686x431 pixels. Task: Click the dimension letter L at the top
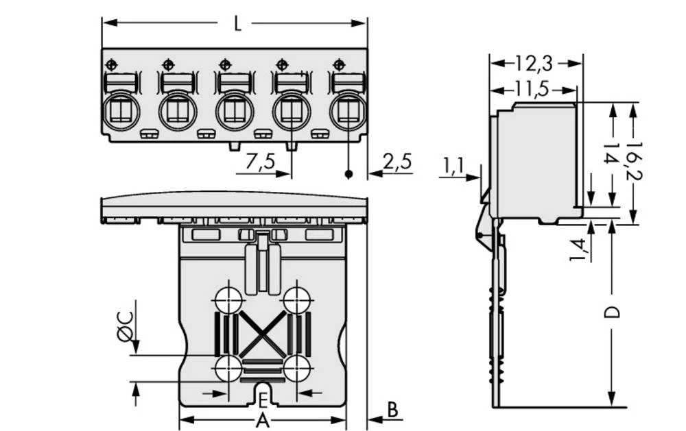pyautogui.click(x=237, y=25)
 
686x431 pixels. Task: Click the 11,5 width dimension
pyautogui.click(x=532, y=88)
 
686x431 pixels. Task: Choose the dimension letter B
pyautogui.click(x=392, y=409)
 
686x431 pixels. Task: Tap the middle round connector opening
pyautogui.click(x=235, y=111)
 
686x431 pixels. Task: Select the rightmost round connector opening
pyautogui.click(x=348, y=111)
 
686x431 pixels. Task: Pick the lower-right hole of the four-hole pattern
pyautogui.click(x=296, y=369)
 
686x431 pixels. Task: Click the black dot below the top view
pyautogui.click(x=348, y=175)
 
